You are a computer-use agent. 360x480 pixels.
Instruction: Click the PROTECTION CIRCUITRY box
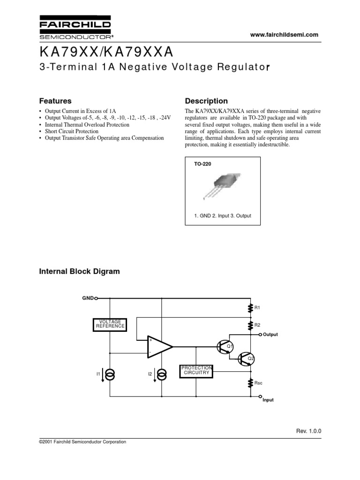[196, 370]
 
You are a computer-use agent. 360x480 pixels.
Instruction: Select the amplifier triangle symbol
[159, 347]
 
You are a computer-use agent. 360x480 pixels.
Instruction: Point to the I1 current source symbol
[111, 374]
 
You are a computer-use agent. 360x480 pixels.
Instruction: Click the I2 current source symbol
[162, 374]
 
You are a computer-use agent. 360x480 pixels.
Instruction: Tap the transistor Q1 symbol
[224, 347]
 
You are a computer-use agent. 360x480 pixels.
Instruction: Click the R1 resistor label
[257, 308]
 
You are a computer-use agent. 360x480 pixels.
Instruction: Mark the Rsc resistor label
[258, 383]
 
